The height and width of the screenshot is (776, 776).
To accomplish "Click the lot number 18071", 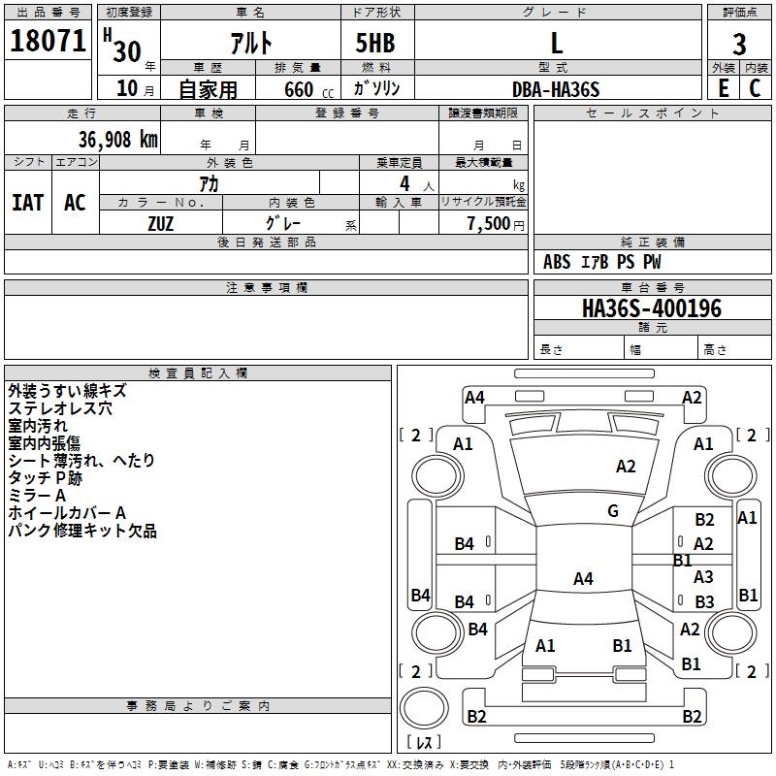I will (x=48, y=42).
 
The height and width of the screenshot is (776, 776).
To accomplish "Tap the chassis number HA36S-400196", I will (x=651, y=308).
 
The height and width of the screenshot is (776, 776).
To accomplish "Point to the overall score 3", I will (x=739, y=44).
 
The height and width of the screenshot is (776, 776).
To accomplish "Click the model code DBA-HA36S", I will (x=556, y=89).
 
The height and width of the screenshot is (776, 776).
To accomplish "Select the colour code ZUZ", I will (x=161, y=223).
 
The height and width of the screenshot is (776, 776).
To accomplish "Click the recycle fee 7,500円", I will (x=495, y=223).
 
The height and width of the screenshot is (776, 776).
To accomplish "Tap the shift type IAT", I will (x=27, y=202).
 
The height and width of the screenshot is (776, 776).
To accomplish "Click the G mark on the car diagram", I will (x=613, y=511).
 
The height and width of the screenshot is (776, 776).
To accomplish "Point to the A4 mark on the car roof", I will (x=582, y=579).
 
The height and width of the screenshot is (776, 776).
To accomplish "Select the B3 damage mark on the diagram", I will (x=704, y=602).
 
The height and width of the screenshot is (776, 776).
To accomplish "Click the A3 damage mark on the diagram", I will (x=704, y=577).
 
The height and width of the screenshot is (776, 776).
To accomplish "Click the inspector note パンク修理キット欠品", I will (x=82, y=531).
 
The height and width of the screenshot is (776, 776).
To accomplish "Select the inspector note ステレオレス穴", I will (x=60, y=408).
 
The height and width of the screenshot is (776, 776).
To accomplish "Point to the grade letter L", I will (x=556, y=44).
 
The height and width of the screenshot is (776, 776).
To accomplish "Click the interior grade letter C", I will (x=755, y=89).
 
